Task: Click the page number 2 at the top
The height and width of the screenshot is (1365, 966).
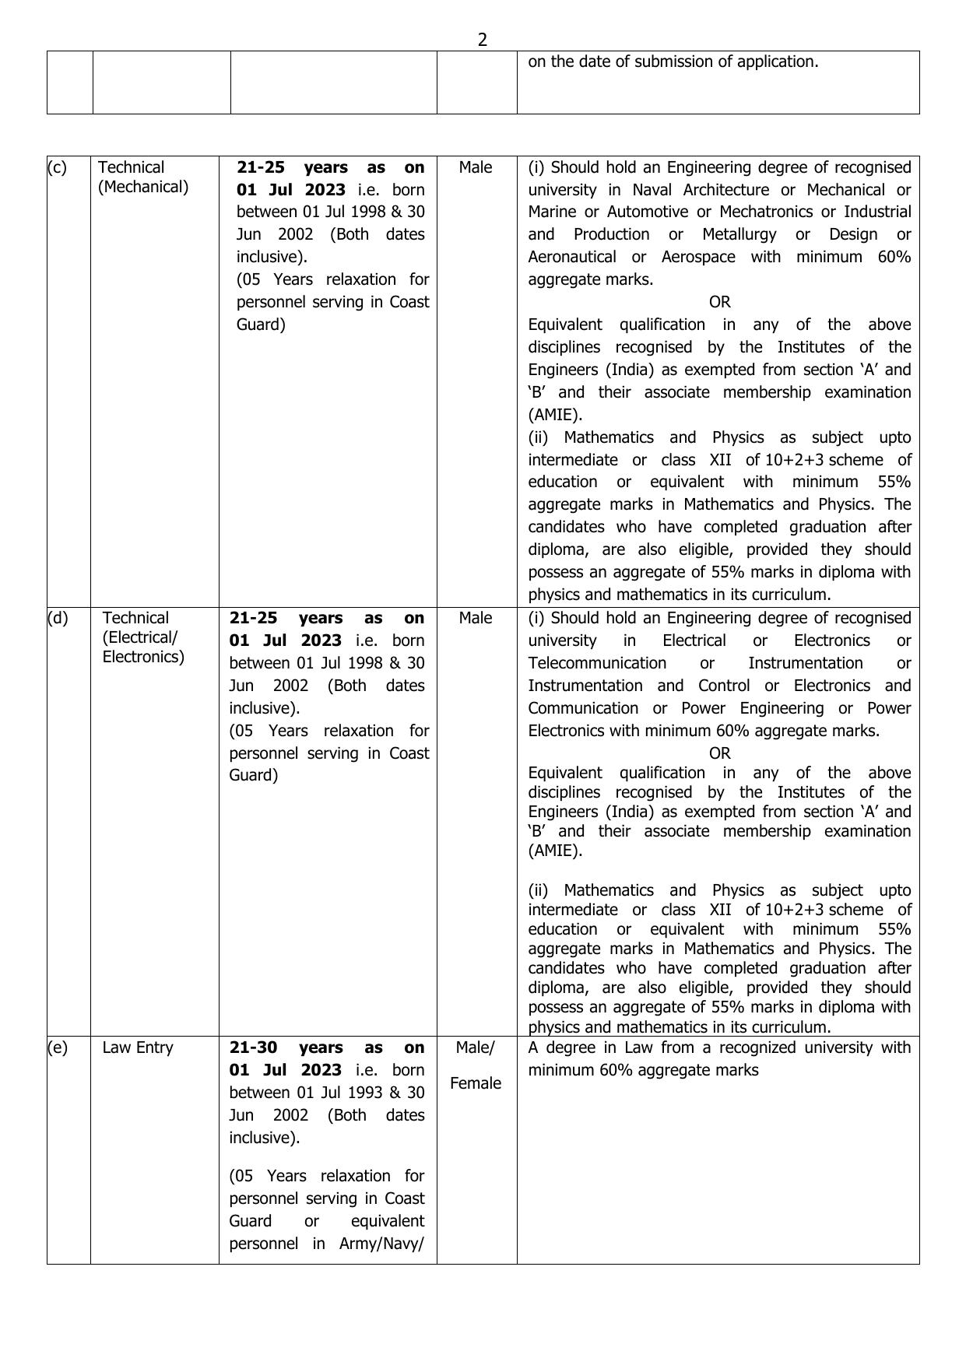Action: point(483,40)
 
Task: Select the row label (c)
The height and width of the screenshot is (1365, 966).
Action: point(57,167)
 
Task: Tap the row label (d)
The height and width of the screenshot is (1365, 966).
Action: point(58,618)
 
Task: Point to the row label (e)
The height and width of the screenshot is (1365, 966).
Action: point(58,1047)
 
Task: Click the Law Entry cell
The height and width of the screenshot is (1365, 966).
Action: point(138,1047)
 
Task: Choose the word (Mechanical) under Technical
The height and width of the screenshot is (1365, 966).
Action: point(143,187)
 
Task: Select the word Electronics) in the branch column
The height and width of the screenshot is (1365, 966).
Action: point(143,657)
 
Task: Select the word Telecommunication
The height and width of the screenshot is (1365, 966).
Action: point(597,663)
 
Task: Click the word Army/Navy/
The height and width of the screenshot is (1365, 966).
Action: point(381,1244)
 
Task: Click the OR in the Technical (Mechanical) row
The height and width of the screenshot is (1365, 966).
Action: point(719,302)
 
